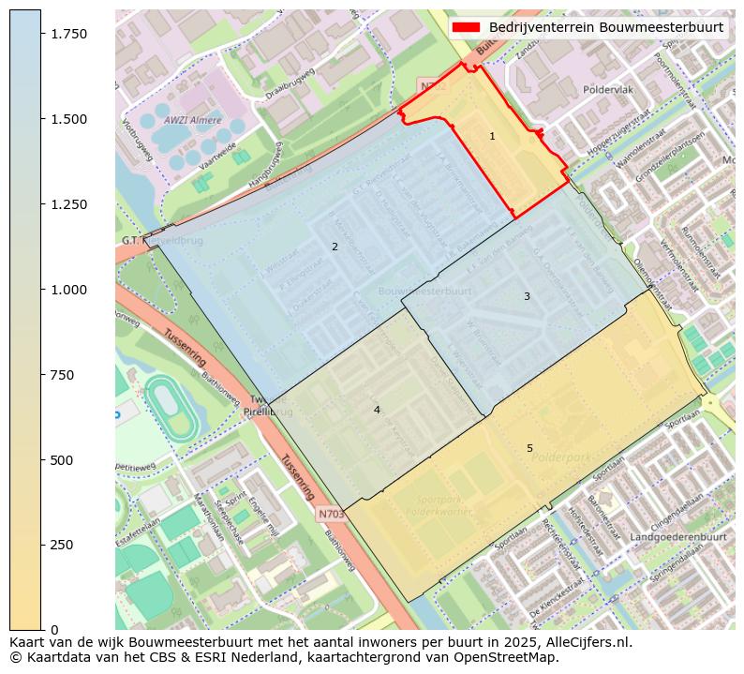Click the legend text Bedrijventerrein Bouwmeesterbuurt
click(606, 27)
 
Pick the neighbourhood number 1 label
click(492, 137)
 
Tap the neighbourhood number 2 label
click(335, 247)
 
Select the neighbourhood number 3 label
click(527, 296)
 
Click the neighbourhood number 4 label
click(377, 410)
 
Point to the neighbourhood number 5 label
click(529, 448)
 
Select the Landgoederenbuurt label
click(678, 537)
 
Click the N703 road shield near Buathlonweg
click(331, 514)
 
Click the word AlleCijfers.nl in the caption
click(589, 643)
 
